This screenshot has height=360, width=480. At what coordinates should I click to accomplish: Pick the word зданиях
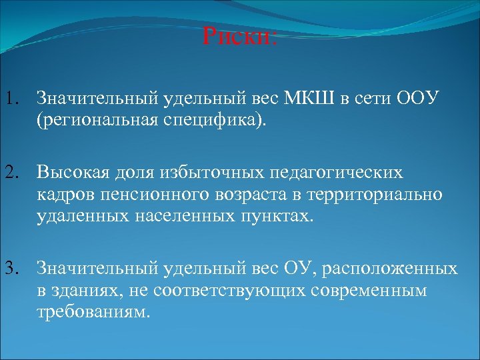(x=83, y=292)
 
